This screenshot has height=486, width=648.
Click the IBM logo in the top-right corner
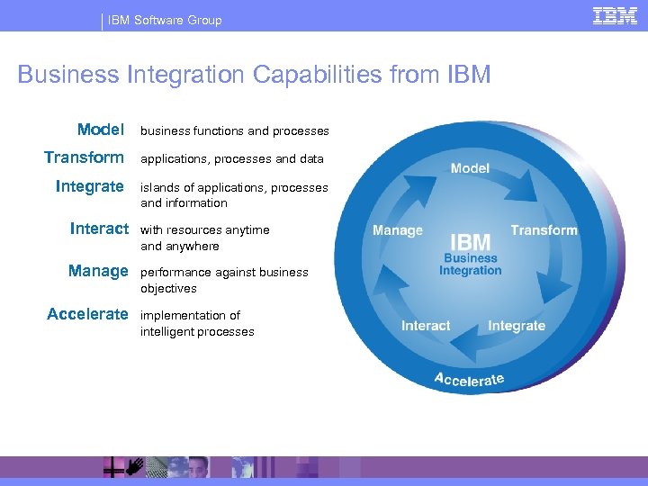point(615,15)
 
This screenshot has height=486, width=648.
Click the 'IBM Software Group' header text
point(165,20)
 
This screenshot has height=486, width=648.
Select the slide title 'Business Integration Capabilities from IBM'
point(254,74)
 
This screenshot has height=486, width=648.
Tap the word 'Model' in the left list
point(100,130)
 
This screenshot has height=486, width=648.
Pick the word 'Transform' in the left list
point(84,157)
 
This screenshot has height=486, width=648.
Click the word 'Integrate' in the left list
point(89,186)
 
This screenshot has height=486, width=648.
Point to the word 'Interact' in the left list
point(99,229)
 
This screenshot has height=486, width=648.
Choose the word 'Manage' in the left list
point(98,271)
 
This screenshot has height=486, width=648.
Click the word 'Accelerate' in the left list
point(87,314)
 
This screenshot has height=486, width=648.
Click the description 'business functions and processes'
point(234,131)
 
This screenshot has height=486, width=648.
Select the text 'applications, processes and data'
point(231,159)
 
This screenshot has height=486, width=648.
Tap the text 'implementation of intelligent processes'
point(197,323)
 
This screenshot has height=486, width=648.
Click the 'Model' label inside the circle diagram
point(470,168)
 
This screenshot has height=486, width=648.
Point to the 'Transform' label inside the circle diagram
point(544,230)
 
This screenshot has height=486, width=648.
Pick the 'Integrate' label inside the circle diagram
point(517,326)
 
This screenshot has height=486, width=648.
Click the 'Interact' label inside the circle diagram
point(426,326)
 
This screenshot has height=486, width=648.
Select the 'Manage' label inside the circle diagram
point(397,230)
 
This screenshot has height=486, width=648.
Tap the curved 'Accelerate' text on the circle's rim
point(469,379)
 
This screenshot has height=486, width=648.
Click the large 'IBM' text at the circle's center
point(470,241)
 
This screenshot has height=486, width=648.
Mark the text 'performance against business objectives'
point(224,280)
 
